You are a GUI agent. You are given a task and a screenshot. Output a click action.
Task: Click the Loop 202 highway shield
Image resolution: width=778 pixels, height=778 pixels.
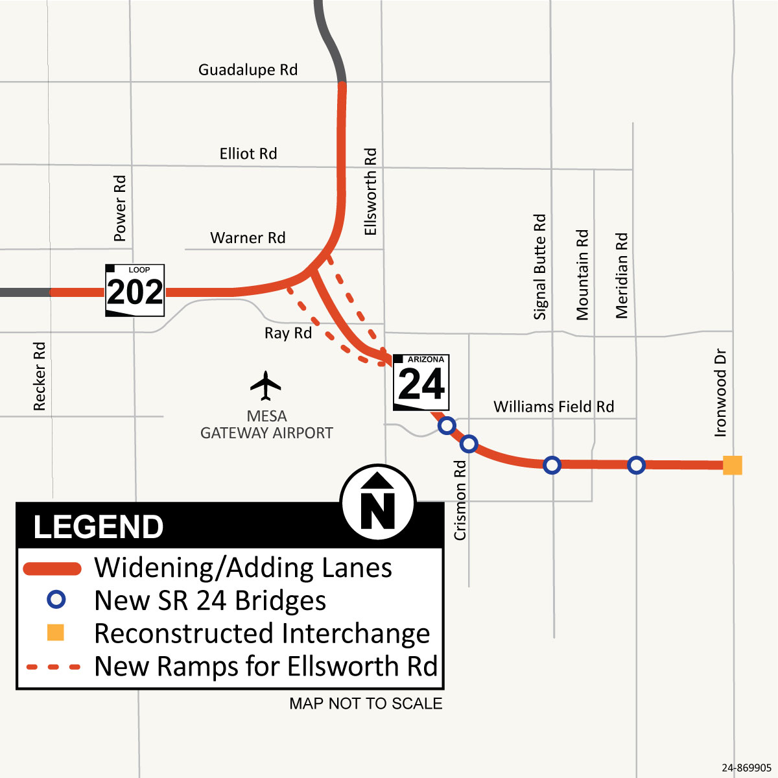click(135, 290)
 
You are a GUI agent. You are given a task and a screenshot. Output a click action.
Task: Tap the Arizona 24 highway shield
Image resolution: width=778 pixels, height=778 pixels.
click(421, 383)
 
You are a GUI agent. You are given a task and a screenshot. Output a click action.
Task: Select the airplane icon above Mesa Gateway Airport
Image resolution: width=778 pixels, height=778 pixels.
click(266, 386)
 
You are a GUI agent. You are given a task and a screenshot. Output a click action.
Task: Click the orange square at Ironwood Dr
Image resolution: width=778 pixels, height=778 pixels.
click(732, 465)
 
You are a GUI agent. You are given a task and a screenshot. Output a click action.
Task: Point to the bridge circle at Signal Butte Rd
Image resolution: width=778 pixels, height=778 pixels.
click(552, 465)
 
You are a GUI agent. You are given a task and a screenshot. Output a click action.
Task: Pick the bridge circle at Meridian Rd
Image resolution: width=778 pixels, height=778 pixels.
click(637, 465)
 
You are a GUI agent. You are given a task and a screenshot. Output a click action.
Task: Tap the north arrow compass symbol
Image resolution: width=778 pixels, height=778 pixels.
click(378, 502)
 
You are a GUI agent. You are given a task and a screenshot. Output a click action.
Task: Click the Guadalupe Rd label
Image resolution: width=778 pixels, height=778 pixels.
click(248, 70)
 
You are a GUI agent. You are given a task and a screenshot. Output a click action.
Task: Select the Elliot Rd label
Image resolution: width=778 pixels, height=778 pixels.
click(248, 154)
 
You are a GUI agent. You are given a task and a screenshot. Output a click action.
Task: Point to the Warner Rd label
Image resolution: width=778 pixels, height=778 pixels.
click(248, 238)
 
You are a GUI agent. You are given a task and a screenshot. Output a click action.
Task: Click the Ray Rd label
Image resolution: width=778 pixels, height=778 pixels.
click(288, 333)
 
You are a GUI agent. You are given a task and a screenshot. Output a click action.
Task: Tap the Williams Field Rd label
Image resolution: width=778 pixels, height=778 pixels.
click(554, 407)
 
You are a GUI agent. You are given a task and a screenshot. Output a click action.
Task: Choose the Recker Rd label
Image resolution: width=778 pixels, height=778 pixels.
click(40, 376)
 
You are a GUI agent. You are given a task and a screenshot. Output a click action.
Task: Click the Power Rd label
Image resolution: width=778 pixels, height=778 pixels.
click(120, 208)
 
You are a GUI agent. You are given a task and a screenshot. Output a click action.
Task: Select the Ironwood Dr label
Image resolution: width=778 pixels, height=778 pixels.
click(720, 393)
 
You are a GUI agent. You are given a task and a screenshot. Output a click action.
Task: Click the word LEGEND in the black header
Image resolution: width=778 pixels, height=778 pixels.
click(99, 527)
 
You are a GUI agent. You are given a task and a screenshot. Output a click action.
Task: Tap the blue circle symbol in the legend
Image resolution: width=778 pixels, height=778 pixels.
click(56, 600)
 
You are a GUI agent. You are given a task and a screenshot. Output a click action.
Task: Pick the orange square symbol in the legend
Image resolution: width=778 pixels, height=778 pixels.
click(56, 632)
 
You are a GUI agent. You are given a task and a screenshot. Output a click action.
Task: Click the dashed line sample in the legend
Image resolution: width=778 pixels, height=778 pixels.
click(53, 666)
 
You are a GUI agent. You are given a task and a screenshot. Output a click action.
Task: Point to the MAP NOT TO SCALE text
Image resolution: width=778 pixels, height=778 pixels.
click(366, 703)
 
